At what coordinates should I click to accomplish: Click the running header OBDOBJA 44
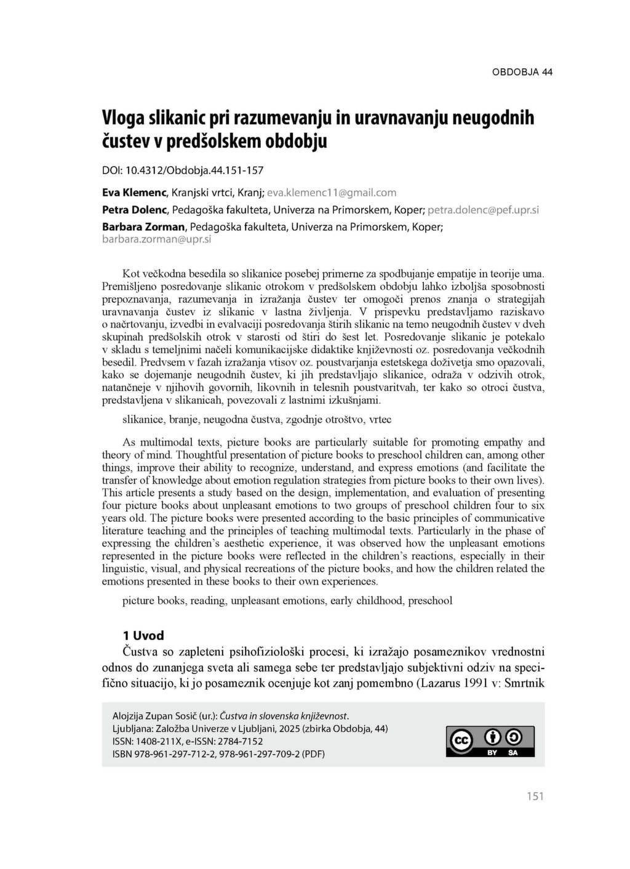(x=522, y=72)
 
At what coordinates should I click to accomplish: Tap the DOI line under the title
(x=182, y=170)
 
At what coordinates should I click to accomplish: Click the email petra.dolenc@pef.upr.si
(x=483, y=210)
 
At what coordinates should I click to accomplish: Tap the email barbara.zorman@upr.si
(x=156, y=239)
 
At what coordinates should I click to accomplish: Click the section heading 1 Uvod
(x=143, y=636)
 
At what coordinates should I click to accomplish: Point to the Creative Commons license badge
(x=490, y=741)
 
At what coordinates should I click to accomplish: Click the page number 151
(x=535, y=796)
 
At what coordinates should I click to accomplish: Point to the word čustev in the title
(x=124, y=142)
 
